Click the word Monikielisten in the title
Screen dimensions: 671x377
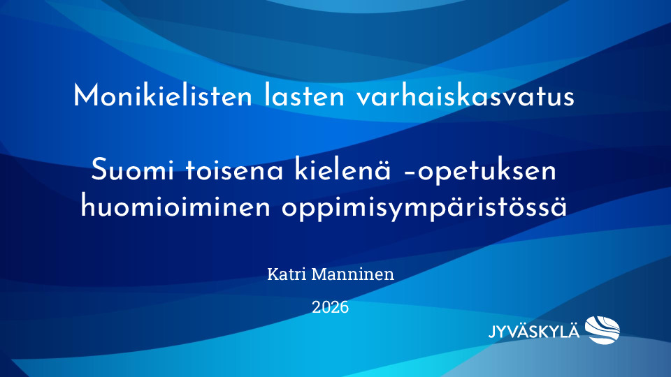(x=163, y=96)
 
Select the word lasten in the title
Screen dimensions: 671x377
(x=304, y=96)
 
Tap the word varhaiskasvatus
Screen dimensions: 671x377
(x=466, y=96)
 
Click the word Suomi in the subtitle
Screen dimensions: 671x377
(x=132, y=170)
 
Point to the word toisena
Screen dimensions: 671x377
(x=234, y=170)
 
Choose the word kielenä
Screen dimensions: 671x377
(x=342, y=170)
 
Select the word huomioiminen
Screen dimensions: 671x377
(x=175, y=207)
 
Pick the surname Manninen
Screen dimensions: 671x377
(x=352, y=274)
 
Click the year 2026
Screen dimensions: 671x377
(x=330, y=307)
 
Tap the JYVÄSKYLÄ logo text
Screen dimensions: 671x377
(x=534, y=332)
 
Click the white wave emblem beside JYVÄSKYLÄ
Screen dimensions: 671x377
(x=603, y=330)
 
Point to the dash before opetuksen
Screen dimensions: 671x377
(x=409, y=172)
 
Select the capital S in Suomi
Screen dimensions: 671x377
(x=99, y=170)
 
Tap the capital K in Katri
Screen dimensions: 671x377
(x=273, y=274)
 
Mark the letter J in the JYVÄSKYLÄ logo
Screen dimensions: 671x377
(x=493, y=332)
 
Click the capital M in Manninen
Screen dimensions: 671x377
(x=319, y=274)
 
